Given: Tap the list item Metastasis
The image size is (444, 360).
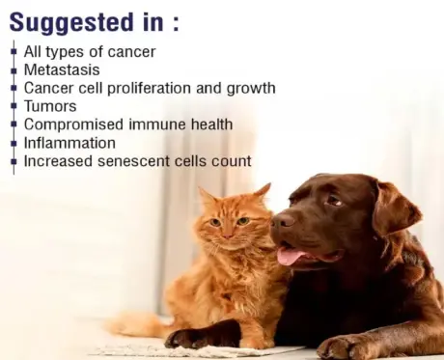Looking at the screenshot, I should (60, 69).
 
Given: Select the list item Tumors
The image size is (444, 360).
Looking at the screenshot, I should (49, 106).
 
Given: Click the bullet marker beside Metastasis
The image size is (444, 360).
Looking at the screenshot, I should (14, 70).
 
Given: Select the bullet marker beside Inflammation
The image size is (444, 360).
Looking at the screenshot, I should (14, 144).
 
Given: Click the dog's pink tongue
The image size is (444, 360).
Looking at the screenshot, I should (288, 256).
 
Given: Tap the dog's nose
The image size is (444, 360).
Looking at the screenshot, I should (282, 221).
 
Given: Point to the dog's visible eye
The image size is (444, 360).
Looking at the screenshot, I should (333, 199).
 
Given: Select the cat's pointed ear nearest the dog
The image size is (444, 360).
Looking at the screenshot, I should (261, 192).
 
